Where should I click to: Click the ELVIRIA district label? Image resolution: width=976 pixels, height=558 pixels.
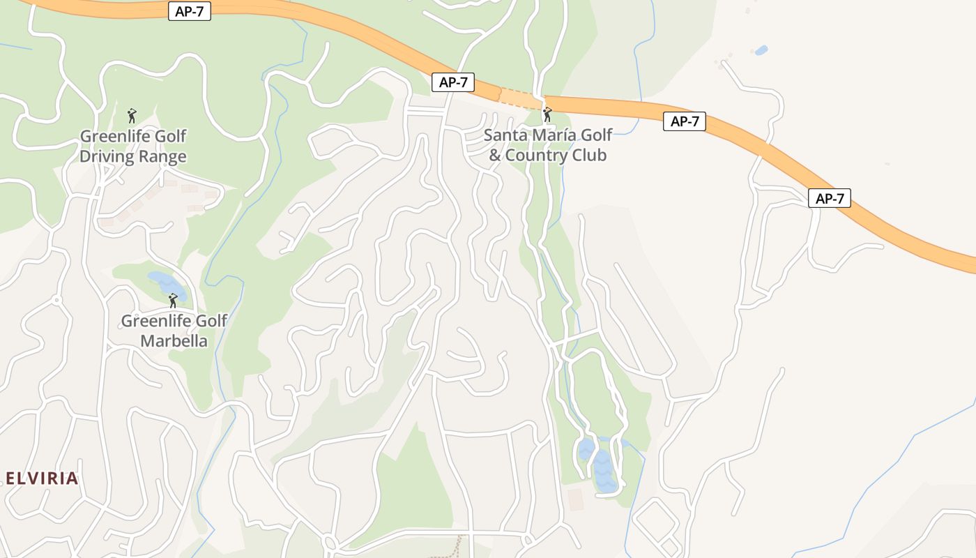coord(42,478)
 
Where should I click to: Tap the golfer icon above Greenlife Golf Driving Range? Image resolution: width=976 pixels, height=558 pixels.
coord(132,116)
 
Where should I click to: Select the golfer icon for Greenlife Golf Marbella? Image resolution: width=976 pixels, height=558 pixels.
coord(173,301)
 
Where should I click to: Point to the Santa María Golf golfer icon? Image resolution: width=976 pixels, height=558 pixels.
coord(547,114)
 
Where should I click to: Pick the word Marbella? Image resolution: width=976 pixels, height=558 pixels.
coord(174,341)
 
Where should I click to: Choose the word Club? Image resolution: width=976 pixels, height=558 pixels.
coord(590,155)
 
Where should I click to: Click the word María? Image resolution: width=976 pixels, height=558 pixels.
coord(554,135)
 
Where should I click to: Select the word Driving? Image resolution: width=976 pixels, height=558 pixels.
coord(107,156)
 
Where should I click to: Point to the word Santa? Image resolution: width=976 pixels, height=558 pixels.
coord(504,135)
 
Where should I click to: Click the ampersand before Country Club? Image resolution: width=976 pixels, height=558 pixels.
coord(494,155)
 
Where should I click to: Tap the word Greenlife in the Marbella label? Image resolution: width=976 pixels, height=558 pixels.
coord(154,321)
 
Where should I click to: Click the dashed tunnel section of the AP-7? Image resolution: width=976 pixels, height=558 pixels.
coord(521,98)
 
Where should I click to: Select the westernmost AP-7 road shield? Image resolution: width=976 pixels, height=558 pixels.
coord(189,11)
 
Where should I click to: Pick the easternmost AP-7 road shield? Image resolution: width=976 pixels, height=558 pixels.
coord(830,198)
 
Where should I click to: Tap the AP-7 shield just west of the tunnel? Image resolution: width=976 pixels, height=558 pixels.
coord(453,82)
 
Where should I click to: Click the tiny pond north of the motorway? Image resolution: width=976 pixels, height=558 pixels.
coord(761,50)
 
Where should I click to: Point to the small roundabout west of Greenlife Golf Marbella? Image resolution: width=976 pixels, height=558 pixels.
coord(56,301)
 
